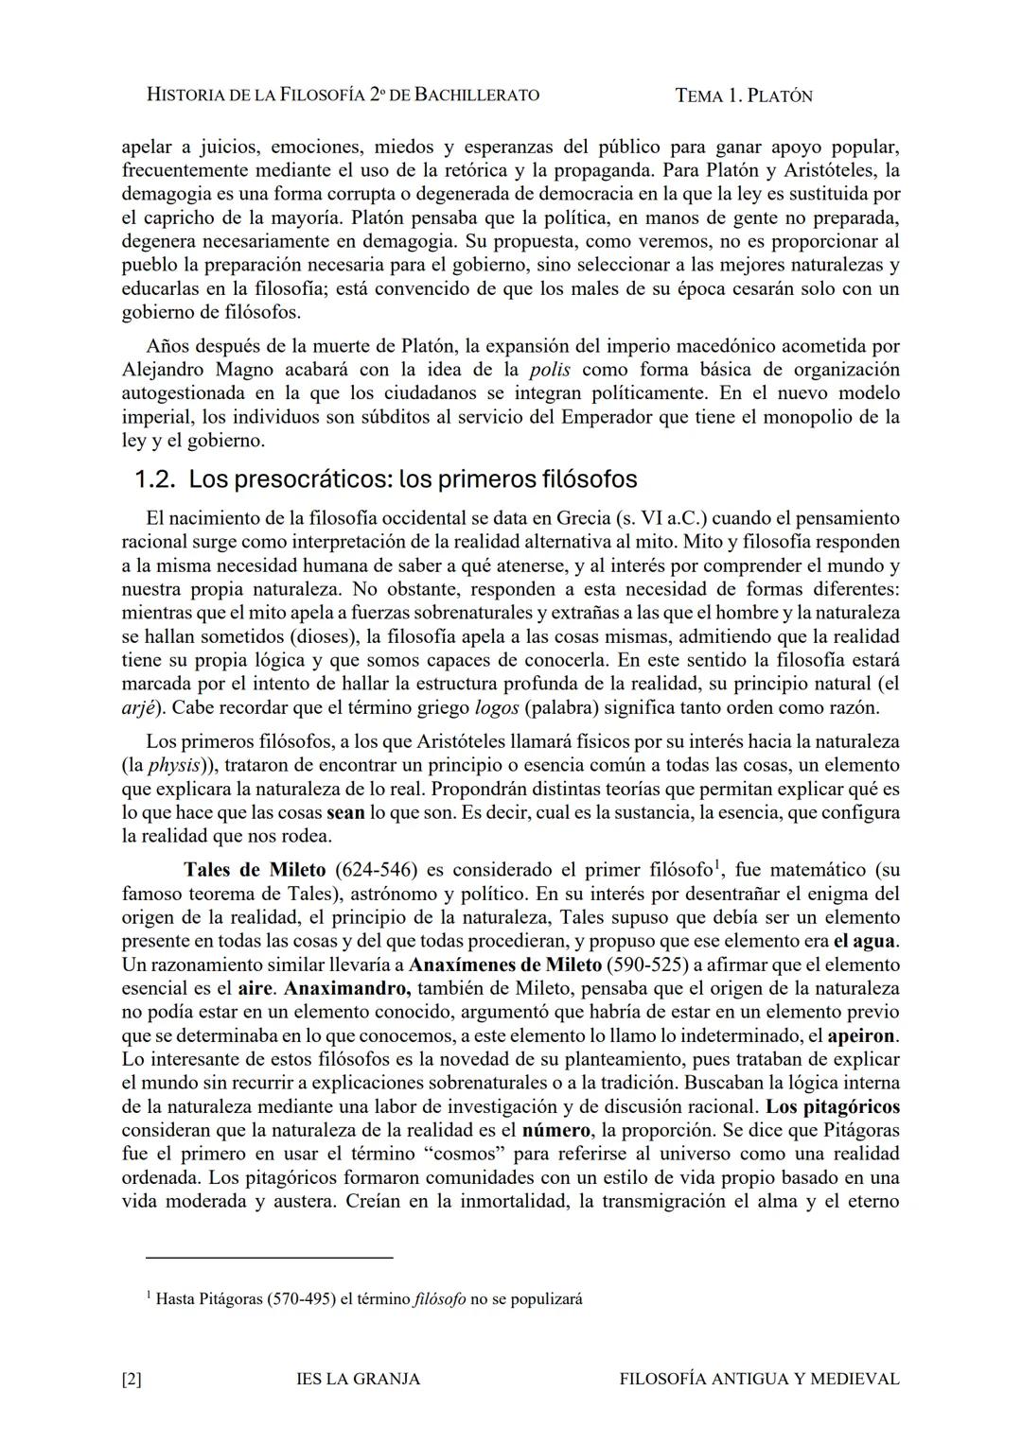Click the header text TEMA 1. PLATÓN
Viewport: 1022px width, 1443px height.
point(744,96)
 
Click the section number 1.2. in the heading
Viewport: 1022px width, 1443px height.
point(154,479)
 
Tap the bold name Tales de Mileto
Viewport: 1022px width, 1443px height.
point(255,870)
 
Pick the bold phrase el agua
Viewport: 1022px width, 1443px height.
point(865,942)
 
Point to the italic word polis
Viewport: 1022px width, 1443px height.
point(549,370)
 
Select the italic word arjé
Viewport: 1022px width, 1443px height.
point(139,708)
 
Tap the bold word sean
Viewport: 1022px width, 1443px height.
point(345,813)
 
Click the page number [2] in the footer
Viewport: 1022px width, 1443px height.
point(132,1380)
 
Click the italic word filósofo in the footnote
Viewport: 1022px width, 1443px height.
point(440,1299)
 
